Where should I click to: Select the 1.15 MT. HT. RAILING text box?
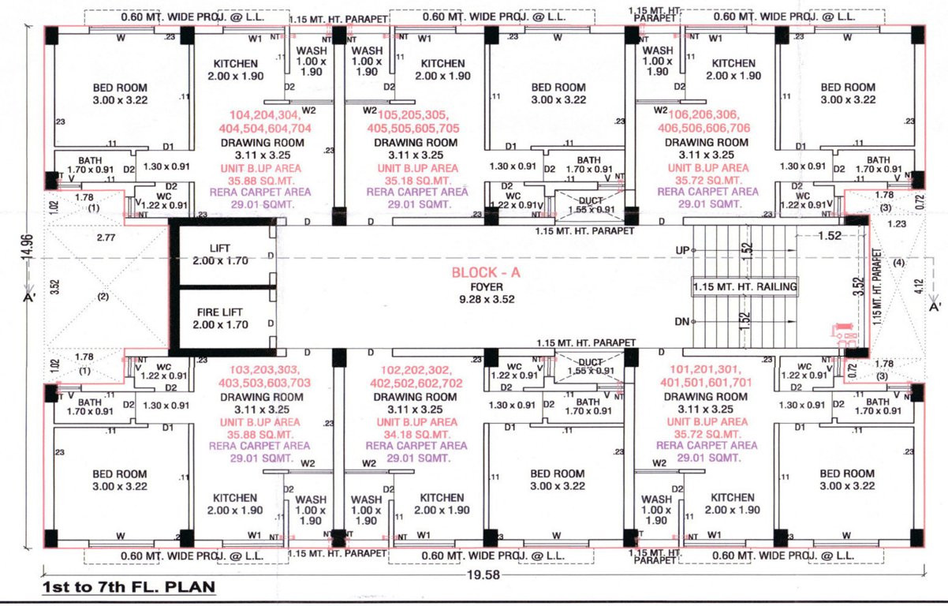click(x=745, y=287)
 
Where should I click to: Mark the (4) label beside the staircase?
click(x=899, y=264)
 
